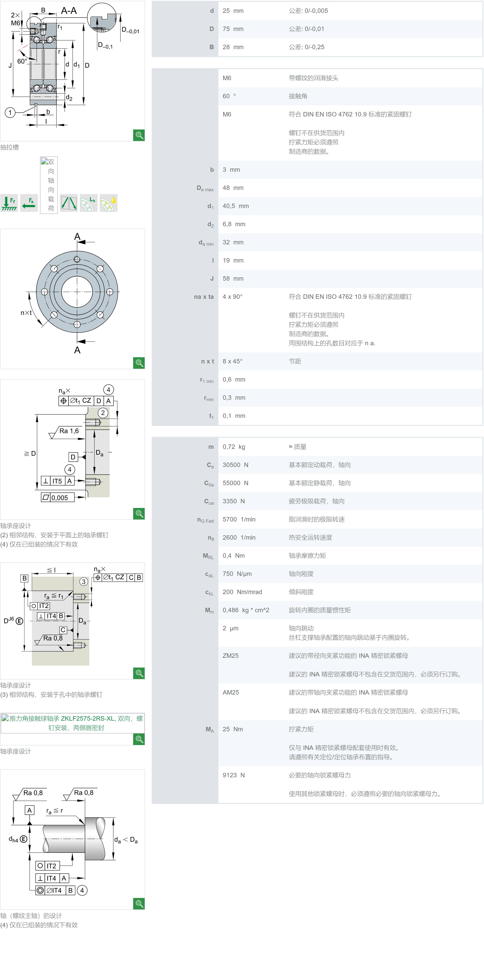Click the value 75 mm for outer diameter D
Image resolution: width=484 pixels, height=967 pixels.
coord(233,29)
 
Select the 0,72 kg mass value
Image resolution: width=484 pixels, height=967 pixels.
coord(234,447)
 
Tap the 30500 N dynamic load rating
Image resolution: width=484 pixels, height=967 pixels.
coord(235,465)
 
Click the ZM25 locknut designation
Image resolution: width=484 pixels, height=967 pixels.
coord(230,655)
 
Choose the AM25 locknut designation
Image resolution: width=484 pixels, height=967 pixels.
coord(231,692)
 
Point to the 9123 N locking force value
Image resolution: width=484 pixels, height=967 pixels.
coord(233,775)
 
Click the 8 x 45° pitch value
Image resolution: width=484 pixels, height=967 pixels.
coord(232,361)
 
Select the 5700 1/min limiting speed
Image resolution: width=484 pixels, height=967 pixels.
coord(239,519)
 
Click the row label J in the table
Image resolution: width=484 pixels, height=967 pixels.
coord(212,278)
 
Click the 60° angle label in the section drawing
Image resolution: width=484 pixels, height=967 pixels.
coord(22,61)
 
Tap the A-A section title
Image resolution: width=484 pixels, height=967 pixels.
coord(69,10)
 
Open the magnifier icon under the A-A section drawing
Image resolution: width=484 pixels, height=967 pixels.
coord(139,135)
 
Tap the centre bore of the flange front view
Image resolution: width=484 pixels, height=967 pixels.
coord(77,292)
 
